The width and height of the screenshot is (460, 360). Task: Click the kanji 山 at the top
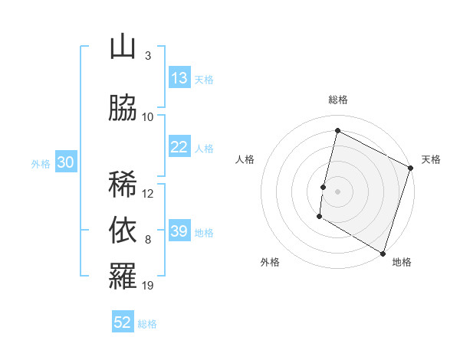[123, 47]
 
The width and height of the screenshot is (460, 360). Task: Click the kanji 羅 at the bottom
[123, 277]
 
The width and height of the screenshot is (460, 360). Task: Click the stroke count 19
[148, 286]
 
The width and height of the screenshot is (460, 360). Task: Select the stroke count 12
[148, 193]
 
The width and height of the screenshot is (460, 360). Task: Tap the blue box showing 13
[179, 78]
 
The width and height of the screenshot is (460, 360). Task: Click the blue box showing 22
[179, 148]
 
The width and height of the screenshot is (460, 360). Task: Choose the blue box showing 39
[179, 231]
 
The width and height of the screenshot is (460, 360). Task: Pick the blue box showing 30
[65, 162]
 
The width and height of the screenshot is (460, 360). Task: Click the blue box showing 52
[123, 322]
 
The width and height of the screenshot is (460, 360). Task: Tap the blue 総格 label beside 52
[147, 324]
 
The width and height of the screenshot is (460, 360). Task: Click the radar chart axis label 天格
[431, 159]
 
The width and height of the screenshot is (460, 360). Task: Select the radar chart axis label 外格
[270, 262]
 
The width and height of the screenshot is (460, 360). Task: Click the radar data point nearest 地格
[383, 253]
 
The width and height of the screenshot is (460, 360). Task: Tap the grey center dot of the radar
[337, 191]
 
